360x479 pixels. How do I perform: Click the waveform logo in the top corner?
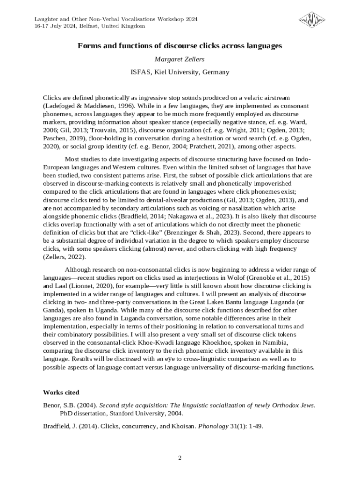313,20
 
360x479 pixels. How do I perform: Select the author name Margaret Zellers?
180,59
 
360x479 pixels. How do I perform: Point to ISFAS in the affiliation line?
140,72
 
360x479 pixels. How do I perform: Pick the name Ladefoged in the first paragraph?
60,106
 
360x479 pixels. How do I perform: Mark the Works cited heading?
61,392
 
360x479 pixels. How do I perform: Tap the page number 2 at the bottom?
180,457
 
